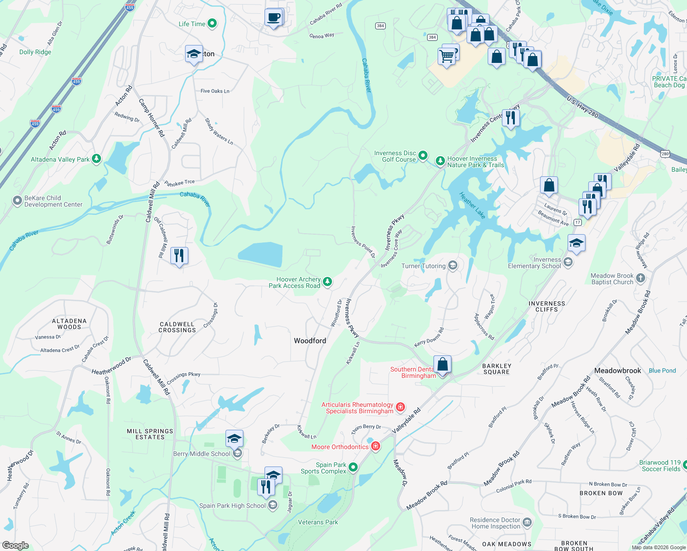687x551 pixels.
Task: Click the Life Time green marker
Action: click(x=212, y=23)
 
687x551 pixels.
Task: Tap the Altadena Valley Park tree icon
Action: click(x=96, y=159)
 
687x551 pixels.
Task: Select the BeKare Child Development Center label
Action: click(x=53, y=202)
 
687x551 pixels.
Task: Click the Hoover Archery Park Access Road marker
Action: click(x=327, y=281)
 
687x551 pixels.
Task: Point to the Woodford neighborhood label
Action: click(x=310, y=341)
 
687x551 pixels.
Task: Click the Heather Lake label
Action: click(x=472, y=205)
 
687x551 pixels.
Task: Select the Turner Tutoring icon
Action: click(x=453, y=266)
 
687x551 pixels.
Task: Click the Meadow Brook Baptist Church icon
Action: click(x=641, y=278)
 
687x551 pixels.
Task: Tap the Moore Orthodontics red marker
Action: click(x=376, y=446)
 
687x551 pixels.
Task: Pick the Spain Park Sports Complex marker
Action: click(x=353, y=467)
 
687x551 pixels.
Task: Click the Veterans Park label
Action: click(x=318, y=522)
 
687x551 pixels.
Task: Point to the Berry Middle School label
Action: click(x=202, y=454)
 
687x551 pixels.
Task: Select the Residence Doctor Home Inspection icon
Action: click(x=527, y=522)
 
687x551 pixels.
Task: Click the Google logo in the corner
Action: click(x=15, y=545)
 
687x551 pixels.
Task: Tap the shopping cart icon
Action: click(x=447, y=56)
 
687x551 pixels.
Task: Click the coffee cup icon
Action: click(x=274, y=18)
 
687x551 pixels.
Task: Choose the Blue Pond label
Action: click(x=662, y=371)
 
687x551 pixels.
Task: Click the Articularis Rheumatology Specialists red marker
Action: click(x=400, y=407)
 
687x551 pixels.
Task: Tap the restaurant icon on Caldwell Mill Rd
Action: click(x=179, y=255)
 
